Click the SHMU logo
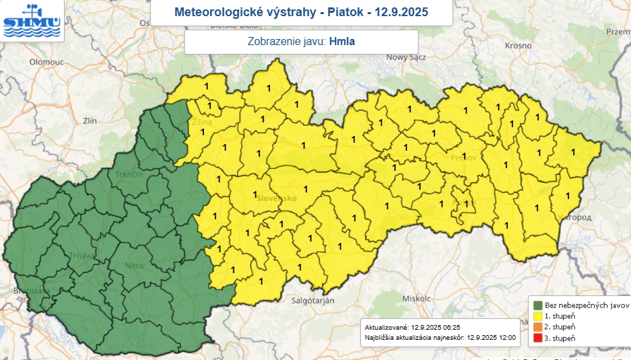32,22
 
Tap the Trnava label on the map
80,256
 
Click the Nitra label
134,266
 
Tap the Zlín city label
90,120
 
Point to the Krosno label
518,45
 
